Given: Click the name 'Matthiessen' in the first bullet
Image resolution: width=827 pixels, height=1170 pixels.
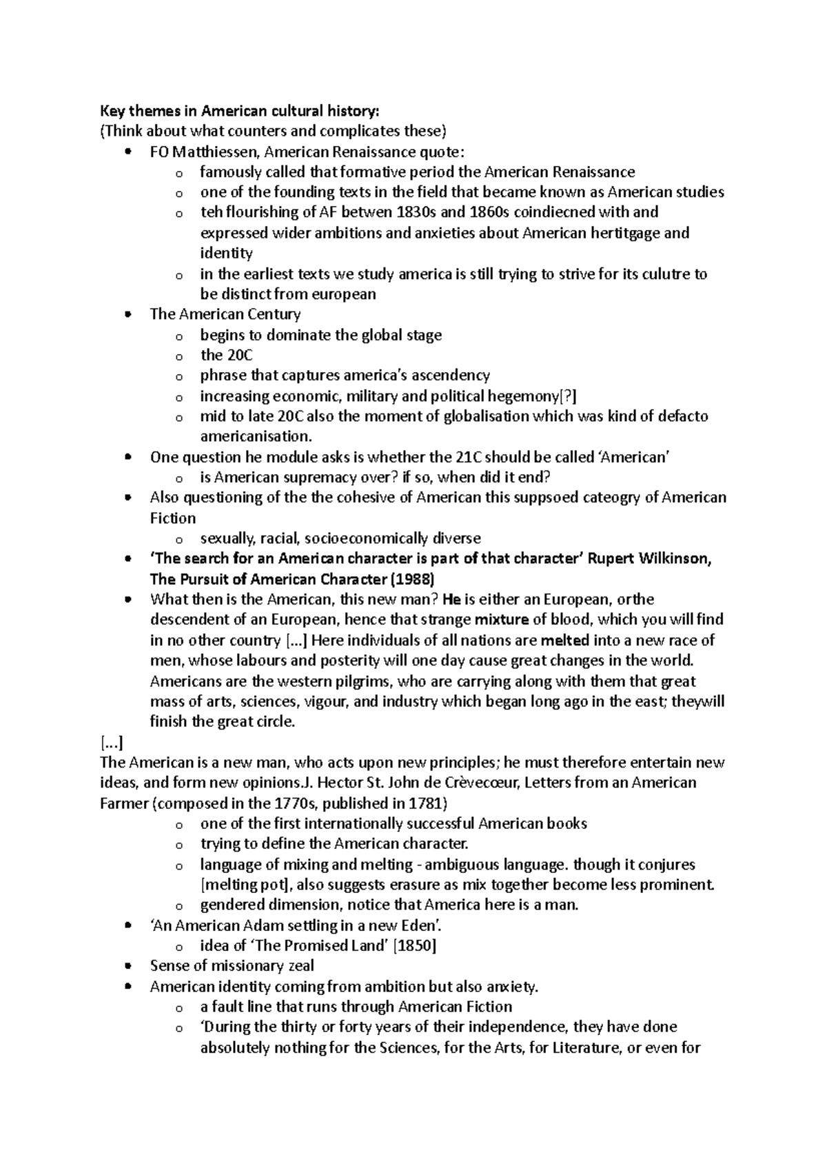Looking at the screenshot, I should (x=212, y=152).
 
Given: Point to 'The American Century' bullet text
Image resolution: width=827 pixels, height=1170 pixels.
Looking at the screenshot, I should (x=225, y=314).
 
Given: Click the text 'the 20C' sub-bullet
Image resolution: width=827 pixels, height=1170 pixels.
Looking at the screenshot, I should (x=227, y=355).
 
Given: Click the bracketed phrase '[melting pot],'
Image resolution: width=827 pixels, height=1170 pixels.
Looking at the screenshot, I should (x=241, y=885).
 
